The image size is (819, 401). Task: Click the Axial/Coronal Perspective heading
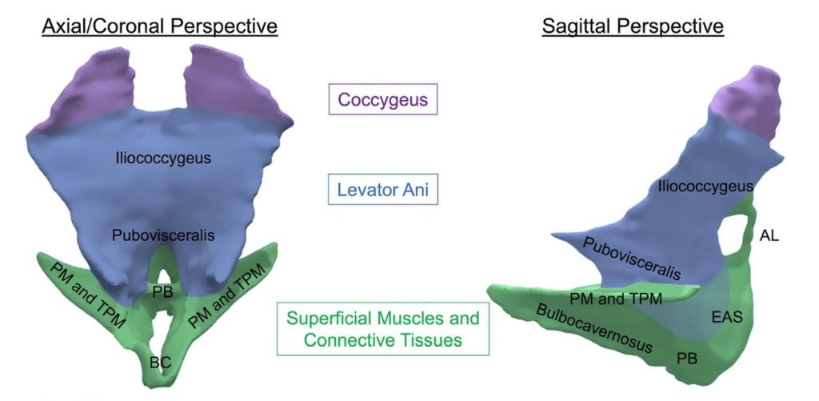click(x=159, y=26)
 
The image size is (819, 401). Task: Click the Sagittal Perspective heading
click(x=633, y=26)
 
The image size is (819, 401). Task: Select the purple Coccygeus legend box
click(x=383, y=99)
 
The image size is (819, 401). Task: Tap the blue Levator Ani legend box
click(x=383, y=189)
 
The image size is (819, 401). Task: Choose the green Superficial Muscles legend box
click(x=383, y=329)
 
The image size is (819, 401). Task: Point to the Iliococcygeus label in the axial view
click(x=163, y=158)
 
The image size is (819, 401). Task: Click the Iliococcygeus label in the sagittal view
click(x=705, y=186)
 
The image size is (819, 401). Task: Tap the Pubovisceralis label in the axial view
click(x=163, y=236)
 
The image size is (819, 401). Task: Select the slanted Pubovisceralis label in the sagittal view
click(x=631, y=259)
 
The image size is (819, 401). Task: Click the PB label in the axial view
click(x=162, y=291)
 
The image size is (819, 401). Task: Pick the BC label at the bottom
click(x=160, y=363)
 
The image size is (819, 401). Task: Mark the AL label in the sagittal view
click(x=769, y=236)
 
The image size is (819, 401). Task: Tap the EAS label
click(x=727, y=316)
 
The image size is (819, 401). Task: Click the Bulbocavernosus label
click(x=594, y=328)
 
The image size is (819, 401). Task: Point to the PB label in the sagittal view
click(x=687, y=359)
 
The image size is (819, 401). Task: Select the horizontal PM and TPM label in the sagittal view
click(x=616, y=299)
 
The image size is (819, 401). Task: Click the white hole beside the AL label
click(x=737, y=233)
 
